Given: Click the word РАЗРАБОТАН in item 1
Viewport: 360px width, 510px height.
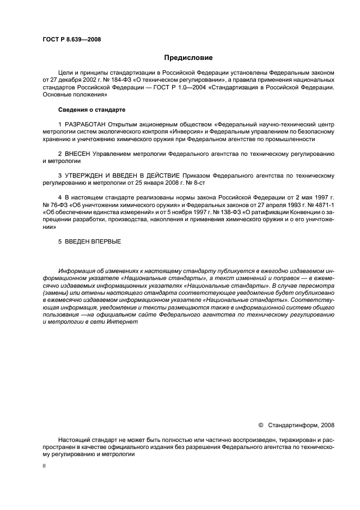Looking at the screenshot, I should coord(85,125).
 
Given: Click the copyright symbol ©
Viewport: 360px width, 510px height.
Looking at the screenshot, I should coord(260,425).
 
